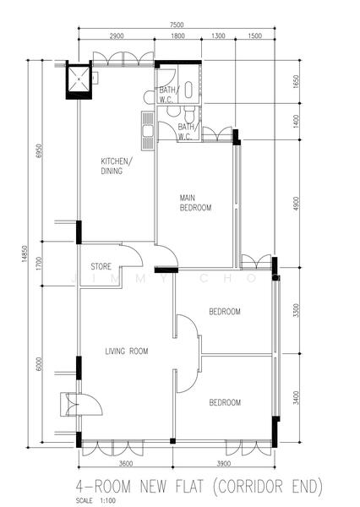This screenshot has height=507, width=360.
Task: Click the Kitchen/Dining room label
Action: (x=116, y=166)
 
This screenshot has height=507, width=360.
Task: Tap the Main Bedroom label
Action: (x=195, y=203)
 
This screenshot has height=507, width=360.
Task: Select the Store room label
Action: (x=101, y=266)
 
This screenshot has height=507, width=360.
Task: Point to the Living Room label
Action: (x=127, y=352)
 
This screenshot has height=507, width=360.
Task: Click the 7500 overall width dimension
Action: (x=177, y=25)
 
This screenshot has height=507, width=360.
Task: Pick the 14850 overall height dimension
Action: (x=25, y=254)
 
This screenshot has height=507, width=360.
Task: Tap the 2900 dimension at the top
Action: (x=117, y=35)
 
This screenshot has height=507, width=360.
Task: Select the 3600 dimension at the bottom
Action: (x=126, y=464)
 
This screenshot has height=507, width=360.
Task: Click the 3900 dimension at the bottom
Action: (x=223, y=464)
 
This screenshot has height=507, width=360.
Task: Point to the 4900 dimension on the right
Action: (x=296, y=204)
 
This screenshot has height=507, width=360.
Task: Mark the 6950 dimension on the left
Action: (x=39, y=150)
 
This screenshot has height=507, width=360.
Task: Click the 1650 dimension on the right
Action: (x=296, y=82)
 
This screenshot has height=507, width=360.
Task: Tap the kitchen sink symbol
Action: (x=148, y=131)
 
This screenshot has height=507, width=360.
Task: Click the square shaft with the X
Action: (x=79, y=79)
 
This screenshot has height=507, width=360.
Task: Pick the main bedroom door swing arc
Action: (x=172, y=251)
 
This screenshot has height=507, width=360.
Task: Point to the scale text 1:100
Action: (x=108, y=500)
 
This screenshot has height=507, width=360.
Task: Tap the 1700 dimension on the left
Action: (x=39, y=264)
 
